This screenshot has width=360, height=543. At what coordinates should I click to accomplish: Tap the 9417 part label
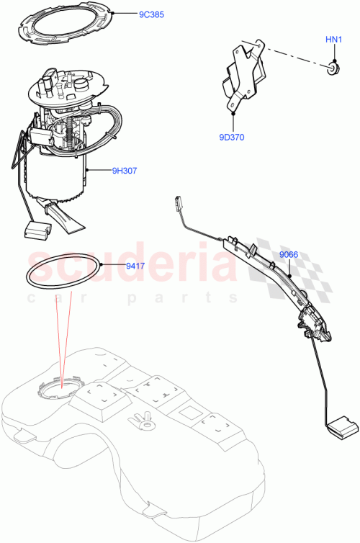coord(135,266)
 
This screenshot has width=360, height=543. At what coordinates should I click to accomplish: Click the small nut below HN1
coord(332,69)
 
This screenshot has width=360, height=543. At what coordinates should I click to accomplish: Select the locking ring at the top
coord(65,27)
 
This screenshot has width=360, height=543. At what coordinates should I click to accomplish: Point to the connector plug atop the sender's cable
coord(177,204)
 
